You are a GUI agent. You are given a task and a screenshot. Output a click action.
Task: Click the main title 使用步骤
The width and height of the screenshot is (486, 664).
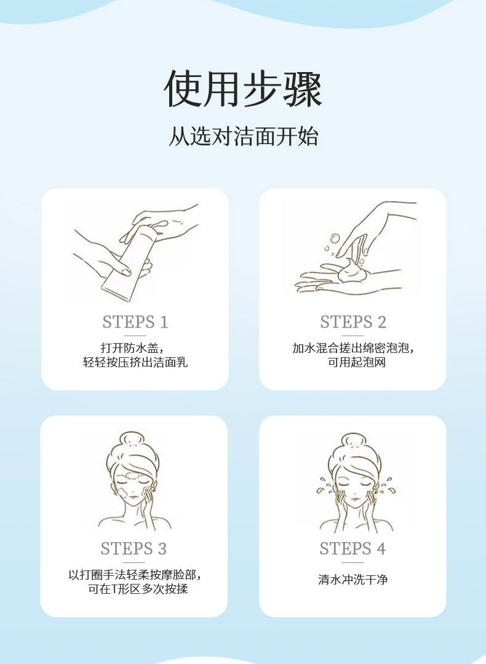point(243,89)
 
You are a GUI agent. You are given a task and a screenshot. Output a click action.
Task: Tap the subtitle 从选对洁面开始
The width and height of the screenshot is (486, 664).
point(243,136)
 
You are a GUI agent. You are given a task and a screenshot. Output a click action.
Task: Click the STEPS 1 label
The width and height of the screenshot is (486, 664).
point(135,322)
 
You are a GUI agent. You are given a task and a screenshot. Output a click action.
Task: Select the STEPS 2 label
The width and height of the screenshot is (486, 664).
point(353,322)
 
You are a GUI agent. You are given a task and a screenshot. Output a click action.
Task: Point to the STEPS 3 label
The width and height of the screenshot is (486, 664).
point(133,548)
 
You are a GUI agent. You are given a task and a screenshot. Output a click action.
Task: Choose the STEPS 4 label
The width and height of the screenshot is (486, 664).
point(353,548)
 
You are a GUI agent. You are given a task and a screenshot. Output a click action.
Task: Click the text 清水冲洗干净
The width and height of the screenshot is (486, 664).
point(353,579)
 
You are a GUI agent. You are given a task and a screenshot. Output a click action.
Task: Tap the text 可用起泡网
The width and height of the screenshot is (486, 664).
point(357,362)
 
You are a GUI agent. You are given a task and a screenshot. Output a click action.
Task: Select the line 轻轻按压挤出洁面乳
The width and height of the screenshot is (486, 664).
point(135,362)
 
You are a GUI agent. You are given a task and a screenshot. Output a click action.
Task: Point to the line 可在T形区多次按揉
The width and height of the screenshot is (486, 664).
point(137,589)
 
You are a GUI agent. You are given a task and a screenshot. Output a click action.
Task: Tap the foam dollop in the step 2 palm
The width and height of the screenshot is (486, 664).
point(351,270)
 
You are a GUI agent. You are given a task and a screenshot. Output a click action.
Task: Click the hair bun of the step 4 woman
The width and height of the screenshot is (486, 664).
point(353,441)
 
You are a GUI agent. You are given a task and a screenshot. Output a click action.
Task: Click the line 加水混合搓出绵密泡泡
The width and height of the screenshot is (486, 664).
point(353,348)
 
